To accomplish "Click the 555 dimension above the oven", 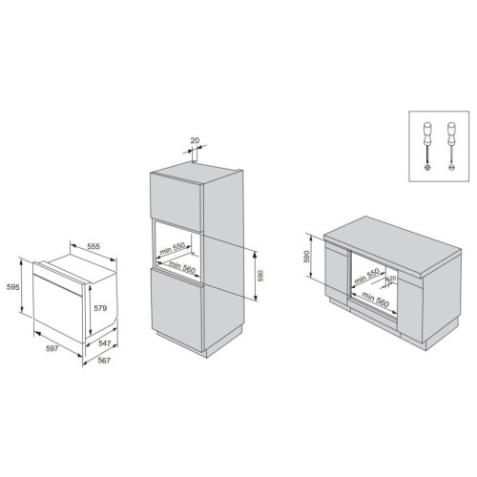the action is pos(93,246).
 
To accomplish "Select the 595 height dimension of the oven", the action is pos(13,287).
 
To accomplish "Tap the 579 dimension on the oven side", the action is pos(100,308).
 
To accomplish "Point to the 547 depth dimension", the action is pos(104,343).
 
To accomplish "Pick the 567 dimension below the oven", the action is pos(104,361).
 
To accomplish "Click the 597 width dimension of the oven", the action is pos(52,348).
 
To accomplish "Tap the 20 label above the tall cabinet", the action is pos(195,140).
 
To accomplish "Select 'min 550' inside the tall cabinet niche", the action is pos(172,249).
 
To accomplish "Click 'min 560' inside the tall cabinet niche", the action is pos(181,267).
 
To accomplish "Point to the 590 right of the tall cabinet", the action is pos(260,276).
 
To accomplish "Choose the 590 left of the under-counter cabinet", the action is pos(306,257).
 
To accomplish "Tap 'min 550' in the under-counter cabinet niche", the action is pos(366,276).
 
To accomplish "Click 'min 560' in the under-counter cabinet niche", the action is pos(375,300).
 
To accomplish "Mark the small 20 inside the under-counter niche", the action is pos(393,278).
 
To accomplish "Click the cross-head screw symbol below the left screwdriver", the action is pos(427,168).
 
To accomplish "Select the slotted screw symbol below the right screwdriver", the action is pos(450,168).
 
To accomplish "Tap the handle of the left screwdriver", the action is pos(427,134).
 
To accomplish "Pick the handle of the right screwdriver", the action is pos(450,134).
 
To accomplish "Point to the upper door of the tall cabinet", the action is pos(176,201).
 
